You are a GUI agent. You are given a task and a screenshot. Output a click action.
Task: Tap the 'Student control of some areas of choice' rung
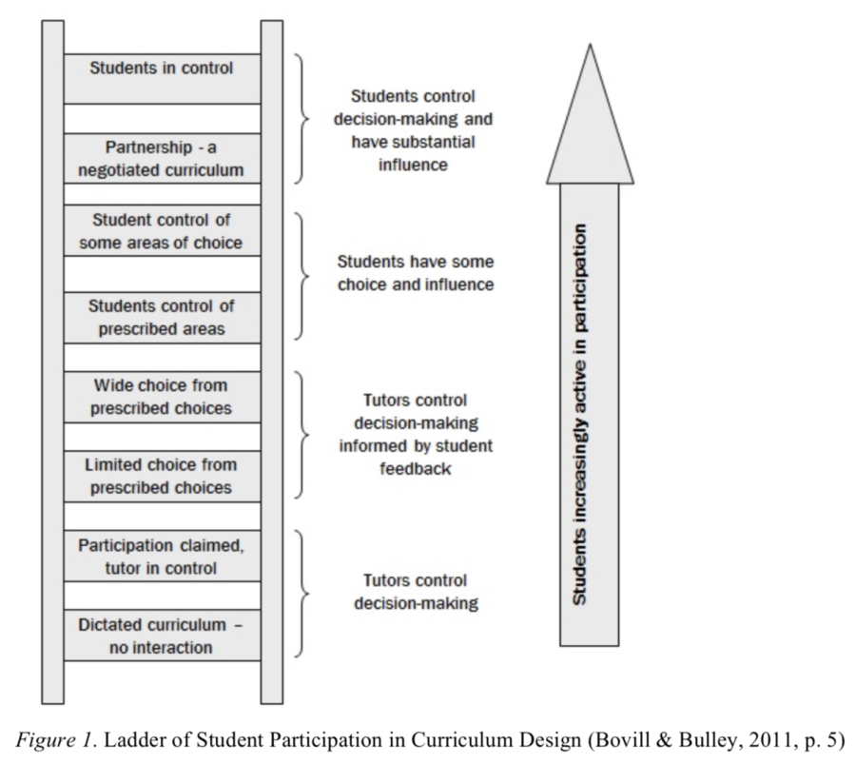(x=162, y=231)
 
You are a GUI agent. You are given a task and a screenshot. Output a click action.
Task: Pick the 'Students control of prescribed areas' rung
(x=162, y=318)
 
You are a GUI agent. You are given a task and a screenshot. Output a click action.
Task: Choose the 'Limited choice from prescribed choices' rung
(x=162, y=476)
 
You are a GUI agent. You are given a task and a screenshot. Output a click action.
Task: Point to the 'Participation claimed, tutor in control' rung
(x=162, y=556)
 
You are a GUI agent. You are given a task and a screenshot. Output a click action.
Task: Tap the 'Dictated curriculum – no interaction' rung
(x=162, y=636)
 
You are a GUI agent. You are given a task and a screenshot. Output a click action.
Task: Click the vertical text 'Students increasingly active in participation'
(x=580, y=414)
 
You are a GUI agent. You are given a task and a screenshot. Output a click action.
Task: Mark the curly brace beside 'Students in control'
(x=302, y=119)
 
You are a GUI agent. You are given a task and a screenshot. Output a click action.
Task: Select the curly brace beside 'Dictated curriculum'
(x=302, y=594)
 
